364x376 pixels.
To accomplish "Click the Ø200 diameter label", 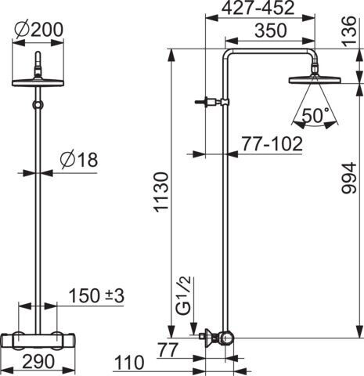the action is tap(38, 30).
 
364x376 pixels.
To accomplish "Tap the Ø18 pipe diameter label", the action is tap(78, 159).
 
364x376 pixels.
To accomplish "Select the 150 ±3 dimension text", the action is tap(96, 295).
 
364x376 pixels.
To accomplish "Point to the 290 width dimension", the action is tap(38, 361).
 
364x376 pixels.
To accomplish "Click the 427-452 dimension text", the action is tap(258, 8).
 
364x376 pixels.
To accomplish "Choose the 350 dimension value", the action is tap(271, 31).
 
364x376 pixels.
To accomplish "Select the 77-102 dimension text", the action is tap(272, 143).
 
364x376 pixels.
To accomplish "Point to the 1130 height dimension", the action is tap(161, 192).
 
